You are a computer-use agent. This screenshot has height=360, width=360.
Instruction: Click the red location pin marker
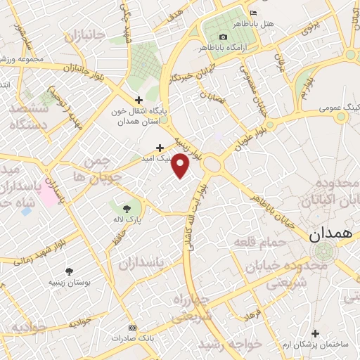[x=181, y=166]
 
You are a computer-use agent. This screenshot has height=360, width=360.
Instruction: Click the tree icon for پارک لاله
[x=127, y=208]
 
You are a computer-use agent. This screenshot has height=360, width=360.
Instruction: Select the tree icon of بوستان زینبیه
[x=69, y=271]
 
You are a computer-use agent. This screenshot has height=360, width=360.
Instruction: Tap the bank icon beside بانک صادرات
[x=131, y=328]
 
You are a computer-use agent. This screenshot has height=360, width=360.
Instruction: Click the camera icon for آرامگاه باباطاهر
[x=224, y=37]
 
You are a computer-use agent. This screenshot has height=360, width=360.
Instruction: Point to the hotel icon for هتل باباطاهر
[x=254, y=13]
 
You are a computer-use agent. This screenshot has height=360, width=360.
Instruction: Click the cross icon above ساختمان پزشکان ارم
[x=315, y=333]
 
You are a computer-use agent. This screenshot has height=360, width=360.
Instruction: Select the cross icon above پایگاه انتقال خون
[x=139, y=101]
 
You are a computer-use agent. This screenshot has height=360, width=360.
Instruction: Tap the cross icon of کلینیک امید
[x=160, y=148]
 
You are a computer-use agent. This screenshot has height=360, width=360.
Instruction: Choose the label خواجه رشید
[x=230, y=345]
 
